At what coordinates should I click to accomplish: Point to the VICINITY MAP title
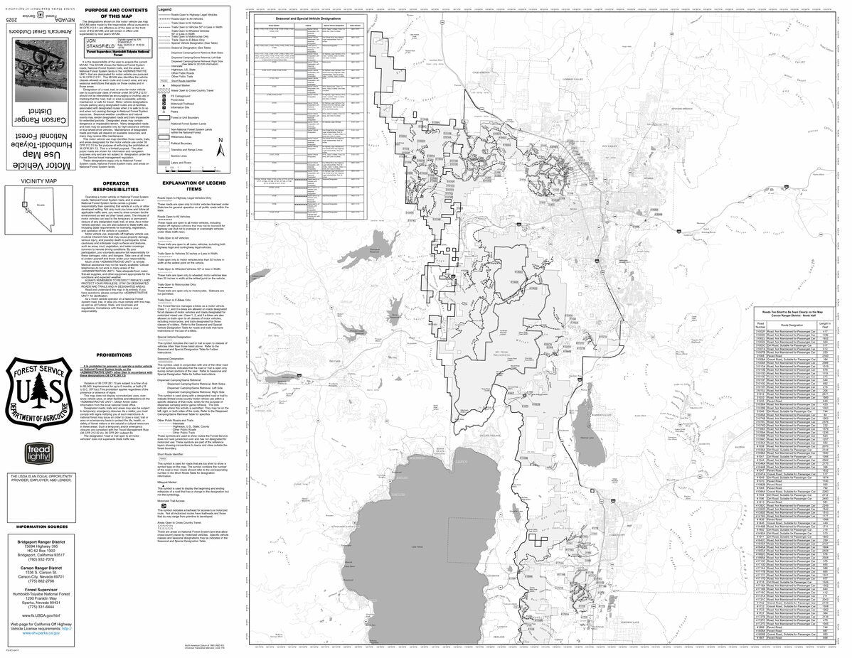pyautogui.click(x=40, y=181)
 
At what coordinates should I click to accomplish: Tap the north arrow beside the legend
pyautogui.click(x=220, y=151)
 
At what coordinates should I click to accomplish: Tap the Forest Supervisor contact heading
pyautogui.click(x=38, y=589)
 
